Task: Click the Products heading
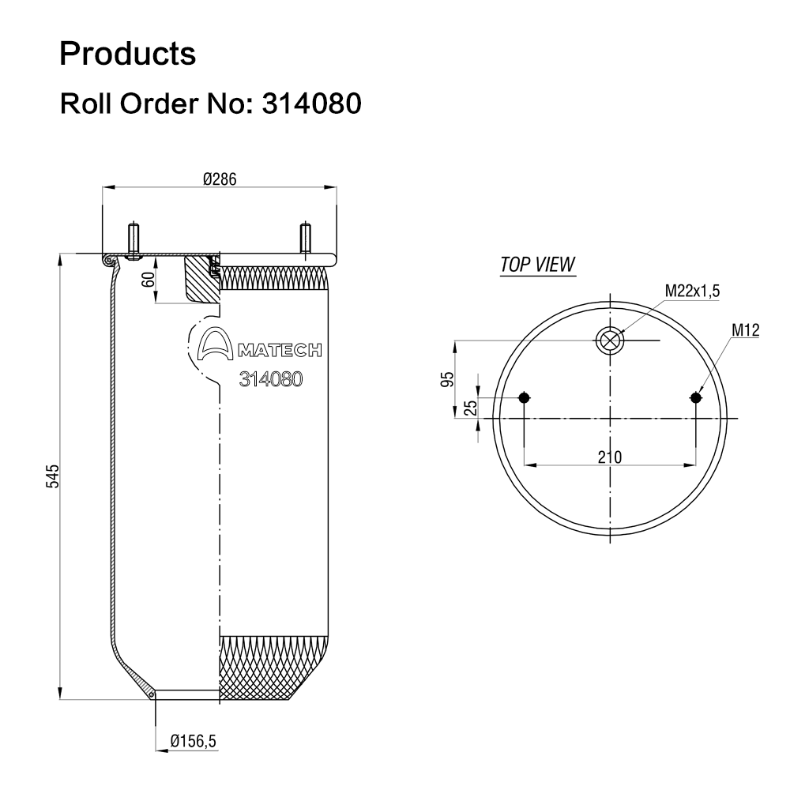128,54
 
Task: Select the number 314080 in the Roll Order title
307,103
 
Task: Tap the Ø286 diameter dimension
220,179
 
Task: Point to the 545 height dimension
53,477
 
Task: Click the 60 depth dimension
148,279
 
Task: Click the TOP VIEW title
538,264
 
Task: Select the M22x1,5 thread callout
692,292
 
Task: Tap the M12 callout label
745,331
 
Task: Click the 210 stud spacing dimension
609,456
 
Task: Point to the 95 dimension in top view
446,379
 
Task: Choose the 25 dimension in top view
470,408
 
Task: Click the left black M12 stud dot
524,397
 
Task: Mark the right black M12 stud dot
695,397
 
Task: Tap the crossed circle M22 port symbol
610,340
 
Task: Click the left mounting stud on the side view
132,242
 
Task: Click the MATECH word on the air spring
279,350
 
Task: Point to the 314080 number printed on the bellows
271,378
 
